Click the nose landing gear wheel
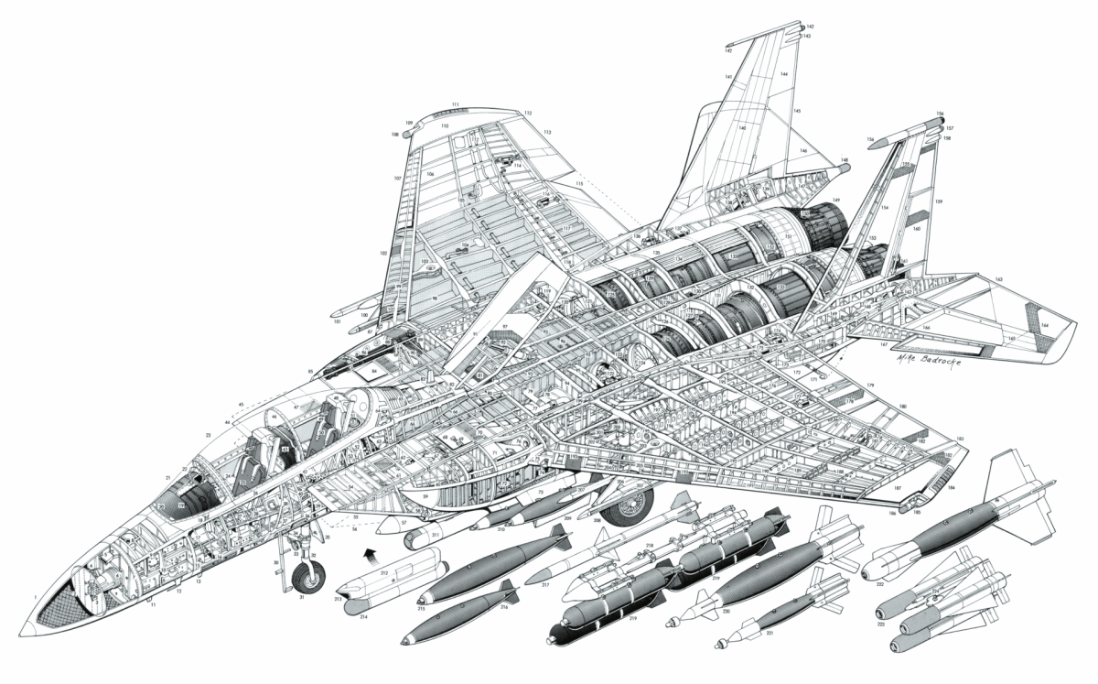(x=309, y=576)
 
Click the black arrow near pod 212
(x=370, y=553)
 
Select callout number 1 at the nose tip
(x=35, y=597)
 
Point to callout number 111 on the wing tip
(x=455, y=105)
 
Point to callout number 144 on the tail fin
(x=784, y=73)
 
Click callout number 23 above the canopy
(x=209, y=435)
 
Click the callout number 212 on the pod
(x=384, y=574)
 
